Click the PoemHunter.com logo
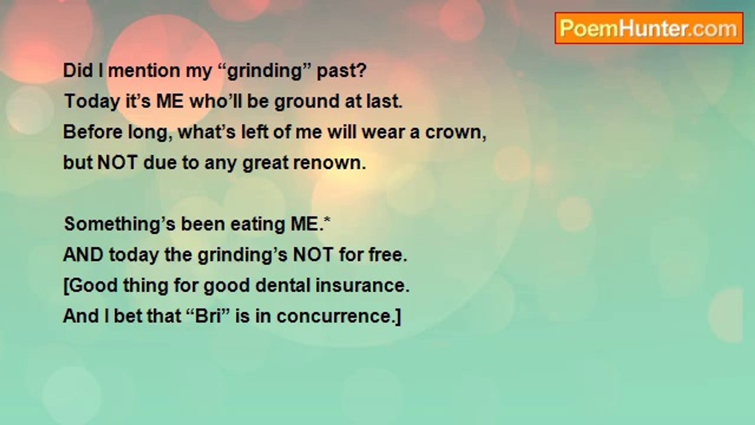(648, 28)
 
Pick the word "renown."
(334, 163)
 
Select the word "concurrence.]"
(339, 316)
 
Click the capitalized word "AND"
(83, 255)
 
